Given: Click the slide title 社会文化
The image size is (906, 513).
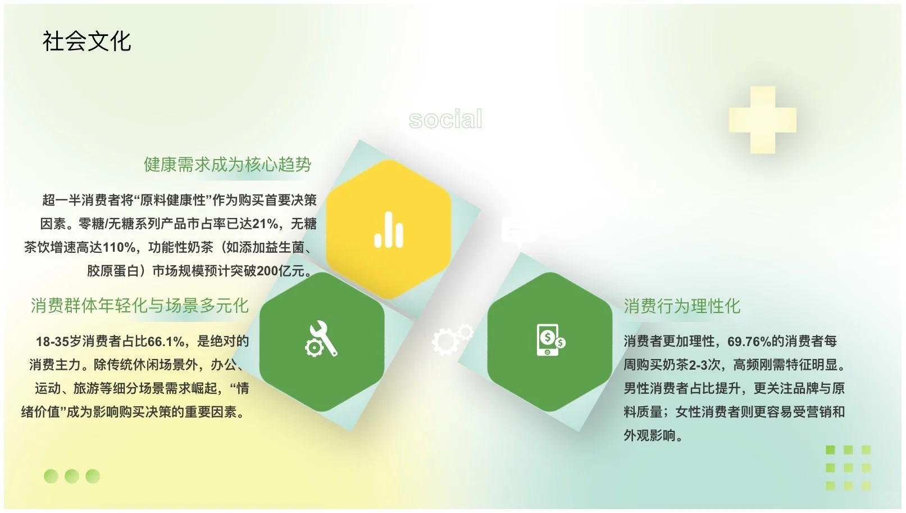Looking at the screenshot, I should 86,42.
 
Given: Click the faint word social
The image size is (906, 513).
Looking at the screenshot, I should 445,119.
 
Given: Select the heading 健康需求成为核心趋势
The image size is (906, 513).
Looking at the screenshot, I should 227,165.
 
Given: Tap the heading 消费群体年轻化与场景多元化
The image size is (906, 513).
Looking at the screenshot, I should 139,306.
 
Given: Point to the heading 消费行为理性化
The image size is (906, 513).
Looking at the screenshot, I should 682,306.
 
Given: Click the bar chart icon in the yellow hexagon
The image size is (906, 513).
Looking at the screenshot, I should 389,229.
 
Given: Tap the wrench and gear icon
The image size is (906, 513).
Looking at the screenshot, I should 321,338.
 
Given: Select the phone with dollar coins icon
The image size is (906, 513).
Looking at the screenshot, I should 550,339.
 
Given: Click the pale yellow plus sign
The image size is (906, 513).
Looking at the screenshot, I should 762,120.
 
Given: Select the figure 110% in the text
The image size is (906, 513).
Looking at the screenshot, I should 119,248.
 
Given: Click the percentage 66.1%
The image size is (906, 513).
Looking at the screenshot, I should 166,342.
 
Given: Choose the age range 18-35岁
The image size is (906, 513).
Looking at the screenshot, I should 58,342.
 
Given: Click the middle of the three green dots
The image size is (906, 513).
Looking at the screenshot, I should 72,476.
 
